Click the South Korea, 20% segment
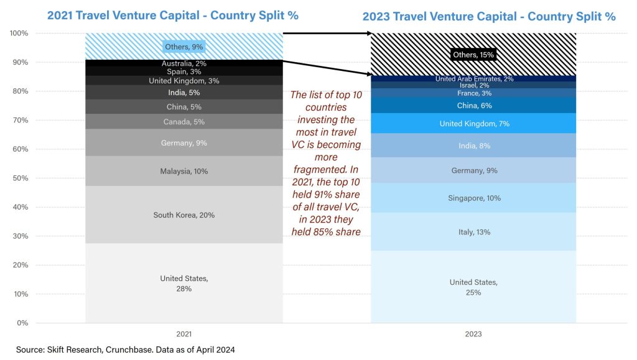(184, 215)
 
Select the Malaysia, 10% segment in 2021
(184, 171)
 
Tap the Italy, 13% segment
(473, 232)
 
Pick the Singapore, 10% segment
(473, 198)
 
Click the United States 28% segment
(184, 284)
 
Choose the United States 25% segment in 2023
(473, 287)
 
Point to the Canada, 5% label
(184, 121)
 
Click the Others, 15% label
(473, 55)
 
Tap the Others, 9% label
(184, 47)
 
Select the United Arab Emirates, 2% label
(473, 78)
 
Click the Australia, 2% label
(184, 63)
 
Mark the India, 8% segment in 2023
(473, 146)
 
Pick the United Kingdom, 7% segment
(473, 124)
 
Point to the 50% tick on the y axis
(19, 178)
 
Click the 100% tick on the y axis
(19, 34)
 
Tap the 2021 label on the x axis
(184, 334)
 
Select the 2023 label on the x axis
(473, 334)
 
